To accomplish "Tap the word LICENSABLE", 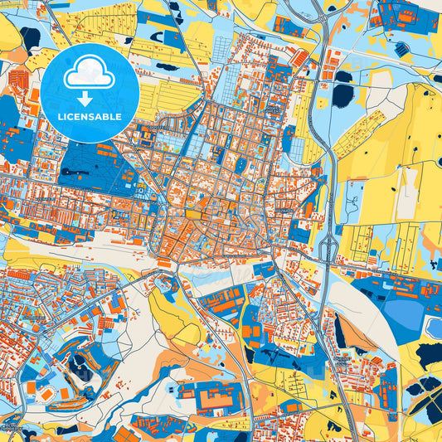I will coord(90,116).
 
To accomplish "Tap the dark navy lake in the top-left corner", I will coord(32,38).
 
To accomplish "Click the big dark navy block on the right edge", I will coord(430,356).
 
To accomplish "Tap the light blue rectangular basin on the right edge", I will coord(433,328).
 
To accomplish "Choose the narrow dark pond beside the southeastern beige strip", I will coord(339,332).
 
